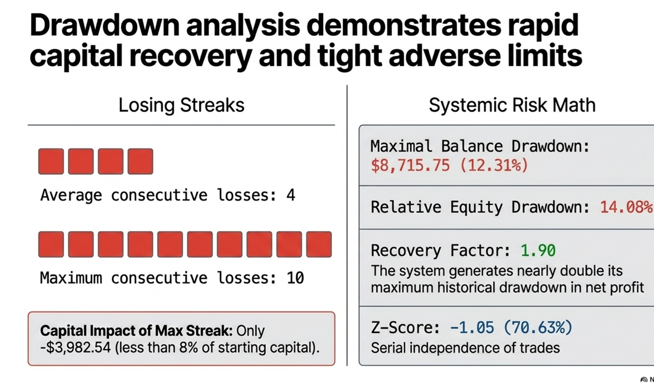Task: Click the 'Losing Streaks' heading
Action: click(181, 105)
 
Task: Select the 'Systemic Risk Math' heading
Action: click(512, 105)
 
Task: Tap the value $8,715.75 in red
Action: click(410, 165)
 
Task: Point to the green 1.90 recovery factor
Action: click(538, 250)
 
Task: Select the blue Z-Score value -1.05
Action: click(472, 327)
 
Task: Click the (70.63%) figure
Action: click(538, 327)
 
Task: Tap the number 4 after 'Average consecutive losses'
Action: click(291, 195)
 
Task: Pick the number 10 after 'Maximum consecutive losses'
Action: click(295, 278)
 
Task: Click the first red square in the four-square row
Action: click(51, 161)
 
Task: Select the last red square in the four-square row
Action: click(140, 161)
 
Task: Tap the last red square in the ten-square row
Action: click(319, 244)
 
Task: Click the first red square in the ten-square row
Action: click(51, 244)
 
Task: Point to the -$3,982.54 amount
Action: click(75, 348)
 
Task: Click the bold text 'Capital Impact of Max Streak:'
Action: click(136, 331)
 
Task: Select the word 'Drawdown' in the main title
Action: click(104, 26)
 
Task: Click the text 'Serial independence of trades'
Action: click(465, 348)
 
